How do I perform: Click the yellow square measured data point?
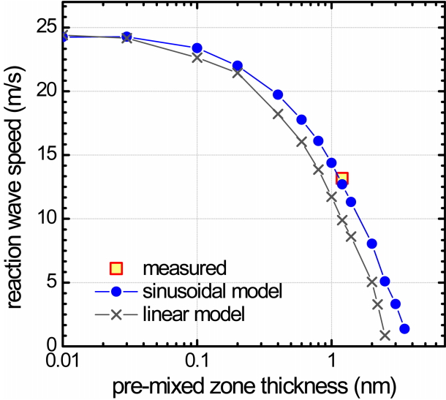[x=341, y=178]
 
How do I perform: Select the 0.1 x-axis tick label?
[x=196, y=360]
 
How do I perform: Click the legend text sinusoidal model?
[x=213, y=292]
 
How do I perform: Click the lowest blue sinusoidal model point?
[x=404, y=328]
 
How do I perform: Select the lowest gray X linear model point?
[x=385, y=335]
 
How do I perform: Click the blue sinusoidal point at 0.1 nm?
[x=197, y=48]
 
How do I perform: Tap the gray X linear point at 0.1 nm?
[x=197, y=57]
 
